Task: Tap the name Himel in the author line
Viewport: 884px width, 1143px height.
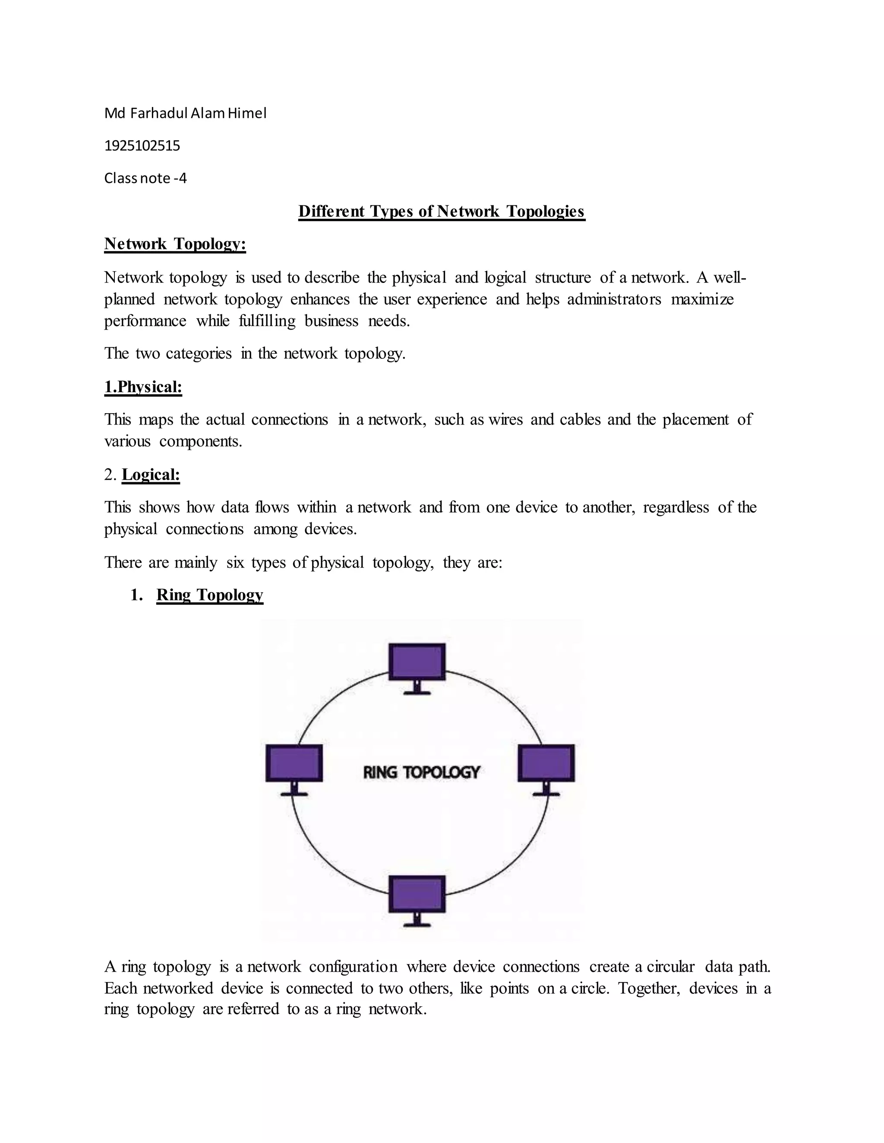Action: tap(247, 113)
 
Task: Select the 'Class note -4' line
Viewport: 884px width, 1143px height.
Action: tap(145, 179)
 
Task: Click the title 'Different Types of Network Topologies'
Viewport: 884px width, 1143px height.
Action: tap(442, 211)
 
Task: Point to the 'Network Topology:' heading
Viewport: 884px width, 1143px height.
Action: tap(175, 244)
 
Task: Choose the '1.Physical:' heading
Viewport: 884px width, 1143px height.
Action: tap(143, 387)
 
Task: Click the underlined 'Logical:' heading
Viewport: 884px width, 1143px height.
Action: tap(151, 475)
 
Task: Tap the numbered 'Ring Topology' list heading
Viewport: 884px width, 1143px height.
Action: tap(209, 595)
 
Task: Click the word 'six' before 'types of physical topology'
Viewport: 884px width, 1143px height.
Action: tap(235, 562)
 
